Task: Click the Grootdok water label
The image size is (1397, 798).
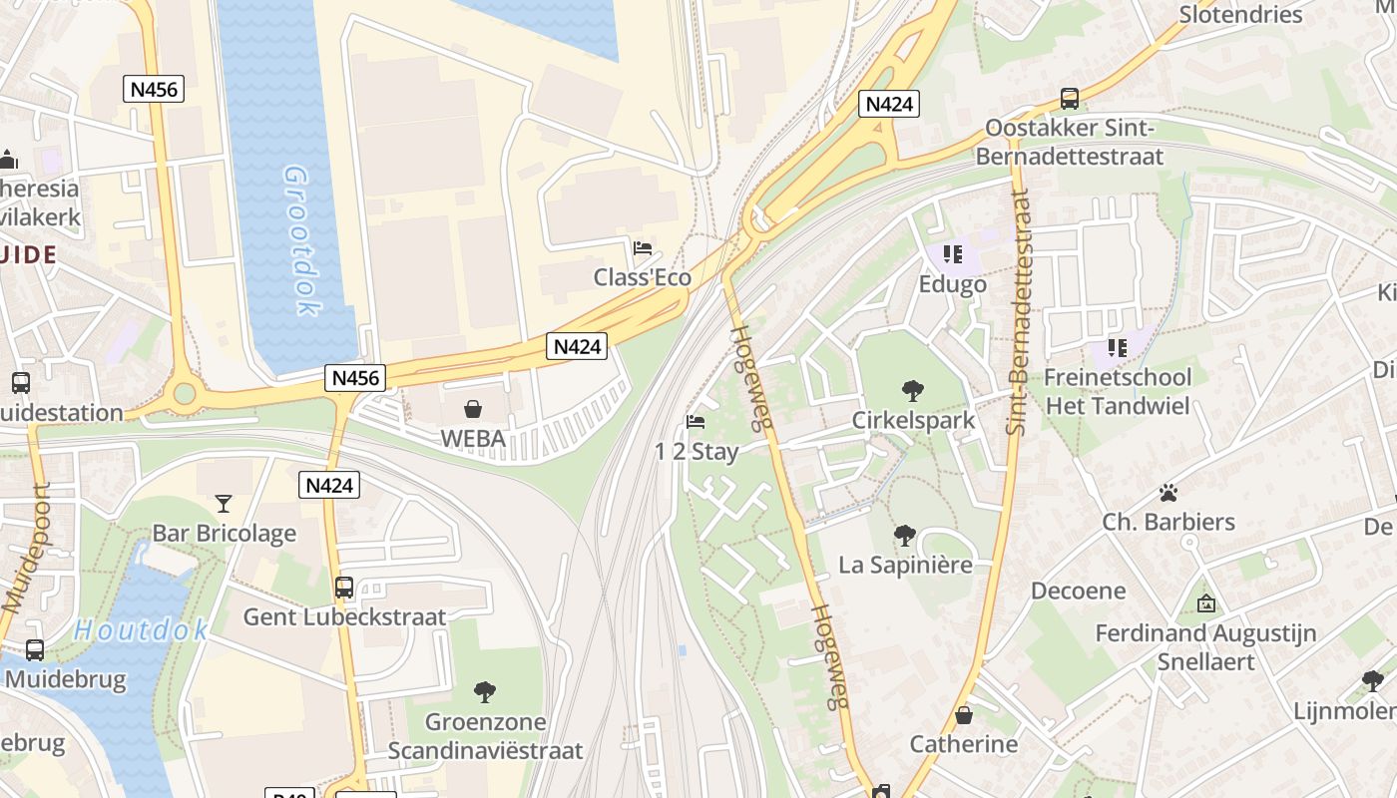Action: [302, 240]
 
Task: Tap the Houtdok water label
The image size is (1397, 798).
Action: [141, 629]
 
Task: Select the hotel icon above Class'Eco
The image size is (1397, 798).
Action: [643, 247]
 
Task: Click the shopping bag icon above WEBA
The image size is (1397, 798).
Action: [473, 409]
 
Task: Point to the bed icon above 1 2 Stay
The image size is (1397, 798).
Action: [697, 422]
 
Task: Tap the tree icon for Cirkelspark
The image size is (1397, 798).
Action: [912, 390]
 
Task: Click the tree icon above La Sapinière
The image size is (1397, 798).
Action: [905, 536]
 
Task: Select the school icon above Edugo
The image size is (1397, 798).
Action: [952, 254]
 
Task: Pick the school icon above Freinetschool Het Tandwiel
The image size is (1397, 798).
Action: [1117, 348]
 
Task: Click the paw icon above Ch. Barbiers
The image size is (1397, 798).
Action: [1167, 493]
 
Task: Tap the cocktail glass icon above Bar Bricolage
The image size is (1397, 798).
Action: [224, 504]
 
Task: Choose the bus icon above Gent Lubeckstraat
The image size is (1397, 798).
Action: [344, 587]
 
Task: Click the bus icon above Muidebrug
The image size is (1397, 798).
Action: [35, 650]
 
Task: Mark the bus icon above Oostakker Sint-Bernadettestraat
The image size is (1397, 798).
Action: [1070, 99]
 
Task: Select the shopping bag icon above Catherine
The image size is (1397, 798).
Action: [964, 715]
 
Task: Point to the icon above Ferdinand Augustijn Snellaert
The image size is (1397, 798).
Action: [1205, 603]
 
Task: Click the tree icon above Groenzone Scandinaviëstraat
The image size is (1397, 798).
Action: [485, 691]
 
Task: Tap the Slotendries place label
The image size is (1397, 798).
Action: [1240, 14]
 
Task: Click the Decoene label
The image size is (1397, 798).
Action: [1078, 591]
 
